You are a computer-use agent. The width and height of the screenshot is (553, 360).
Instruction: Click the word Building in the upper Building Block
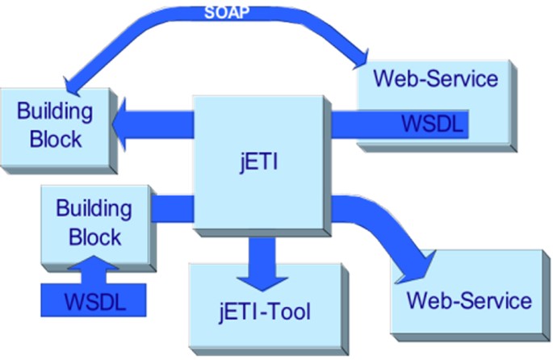click(x=55, y=111)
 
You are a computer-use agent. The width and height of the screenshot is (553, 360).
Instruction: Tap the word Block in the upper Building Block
click(x=55, y=138)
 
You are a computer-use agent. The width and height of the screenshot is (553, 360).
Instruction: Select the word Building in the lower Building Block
click(x=94, y=208)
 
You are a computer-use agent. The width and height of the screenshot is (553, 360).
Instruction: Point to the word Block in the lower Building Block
click(x=94, y=237)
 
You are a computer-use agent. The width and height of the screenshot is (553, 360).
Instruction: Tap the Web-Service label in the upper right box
click(x=435, y=79)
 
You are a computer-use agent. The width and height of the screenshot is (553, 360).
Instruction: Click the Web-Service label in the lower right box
click(x=469, y=301)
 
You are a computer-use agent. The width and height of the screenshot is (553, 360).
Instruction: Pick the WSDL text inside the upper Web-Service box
click(x=433, y=124)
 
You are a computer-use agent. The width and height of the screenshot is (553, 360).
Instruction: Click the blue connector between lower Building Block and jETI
click(x=171, y=207)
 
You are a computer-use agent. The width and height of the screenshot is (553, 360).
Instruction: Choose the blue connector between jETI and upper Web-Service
click(x=343, y=125)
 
